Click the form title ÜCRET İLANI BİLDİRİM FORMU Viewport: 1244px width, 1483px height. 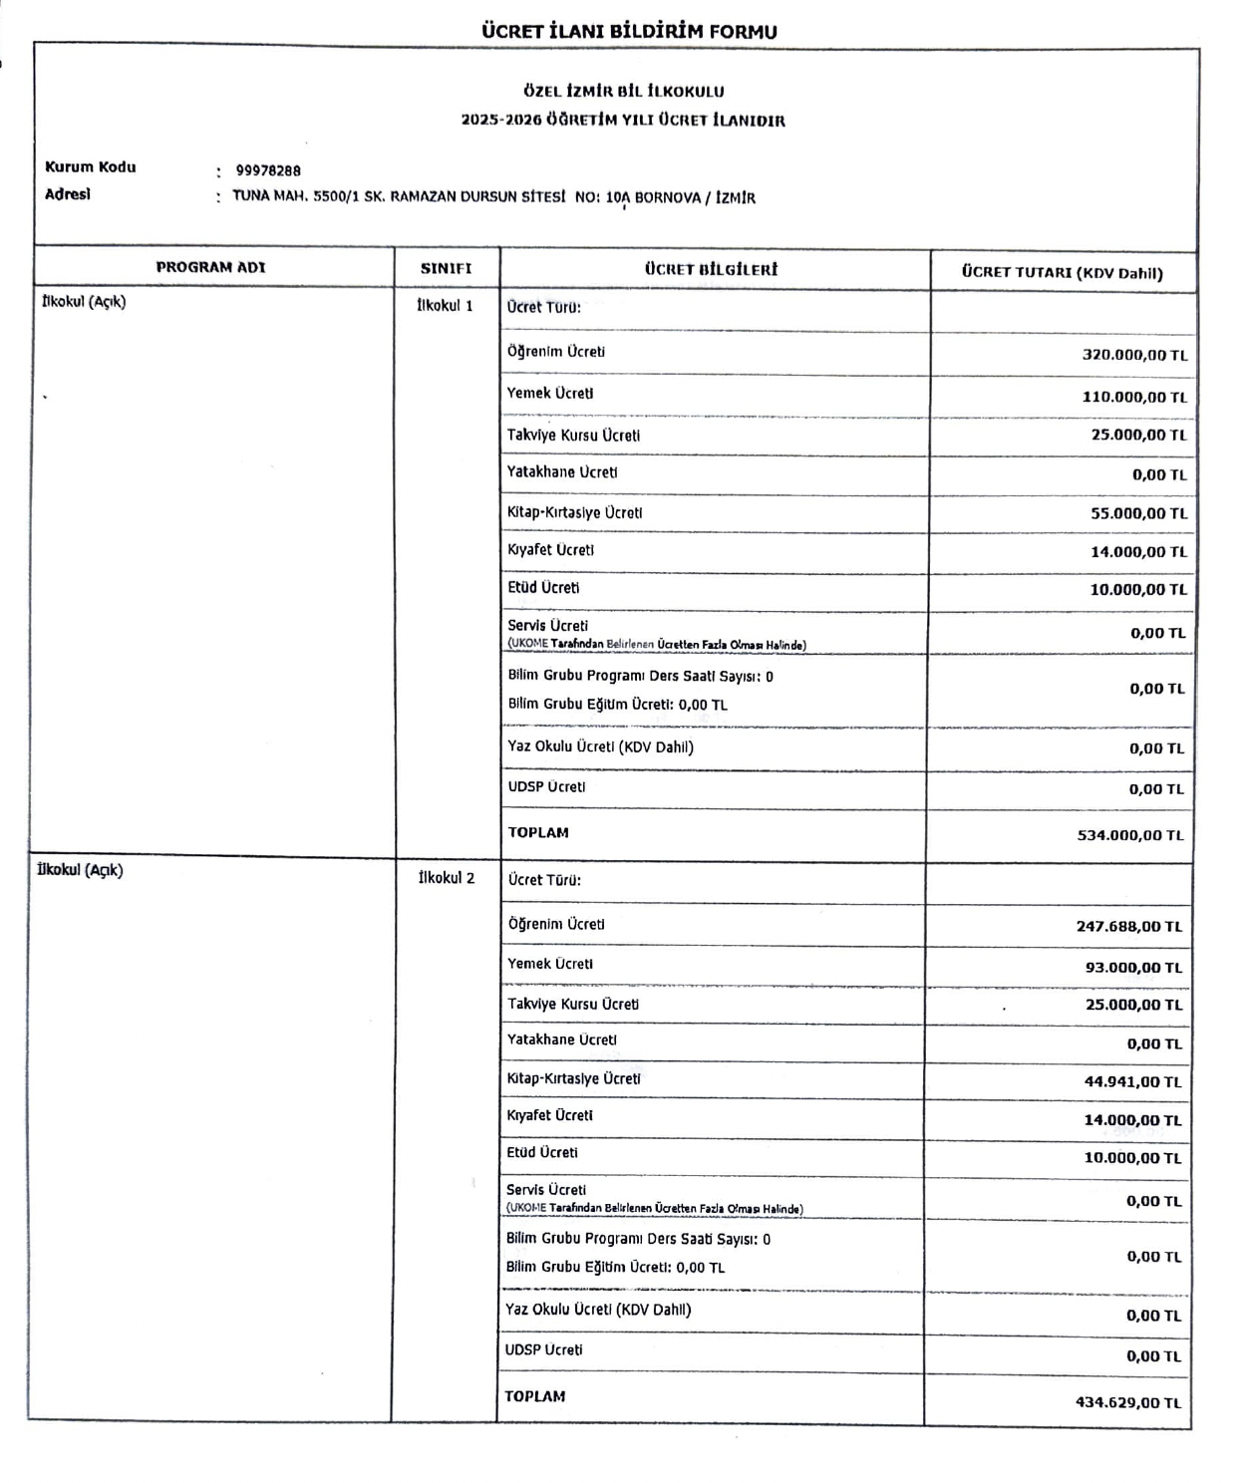pos(629,31)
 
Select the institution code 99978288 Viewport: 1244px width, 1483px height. pos(268,170)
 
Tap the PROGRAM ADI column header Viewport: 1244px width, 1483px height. pos(210,267)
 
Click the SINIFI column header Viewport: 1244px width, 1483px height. pos(446,268)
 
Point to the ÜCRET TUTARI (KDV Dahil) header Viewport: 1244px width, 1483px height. pos(1062,272)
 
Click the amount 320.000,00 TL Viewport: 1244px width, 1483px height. pos(1134,355)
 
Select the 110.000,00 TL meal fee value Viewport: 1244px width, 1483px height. pos(1134,397)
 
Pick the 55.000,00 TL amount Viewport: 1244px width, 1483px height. pos(1138,513)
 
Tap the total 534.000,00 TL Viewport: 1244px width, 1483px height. pos(1130,835)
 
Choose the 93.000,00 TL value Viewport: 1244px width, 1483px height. pos(1133,967)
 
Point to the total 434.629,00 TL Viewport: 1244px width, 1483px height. pos(1127,1402)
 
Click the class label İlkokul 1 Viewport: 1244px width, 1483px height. pos(445,305)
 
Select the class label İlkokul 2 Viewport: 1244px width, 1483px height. pos(446,878)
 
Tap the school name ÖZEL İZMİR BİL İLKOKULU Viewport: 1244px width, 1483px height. pos(624,91)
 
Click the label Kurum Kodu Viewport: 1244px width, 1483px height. pos(90,167)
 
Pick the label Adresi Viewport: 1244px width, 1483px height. pos(67,194)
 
